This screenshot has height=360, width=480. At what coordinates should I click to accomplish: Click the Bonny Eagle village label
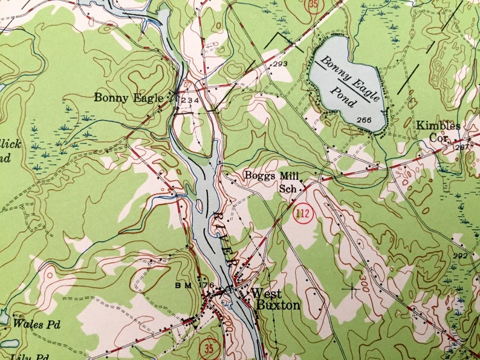(x=128, y=97)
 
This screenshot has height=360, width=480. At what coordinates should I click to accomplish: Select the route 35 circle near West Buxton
(x=209, y=349)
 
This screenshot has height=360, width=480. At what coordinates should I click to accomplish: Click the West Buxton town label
(x=276, y=299)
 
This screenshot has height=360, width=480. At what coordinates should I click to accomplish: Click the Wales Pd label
(x=37, y=324)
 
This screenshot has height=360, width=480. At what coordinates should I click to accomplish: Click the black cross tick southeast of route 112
(x=351, y=289)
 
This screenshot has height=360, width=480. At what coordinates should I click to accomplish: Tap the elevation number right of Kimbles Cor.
(x=462, y=147)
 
